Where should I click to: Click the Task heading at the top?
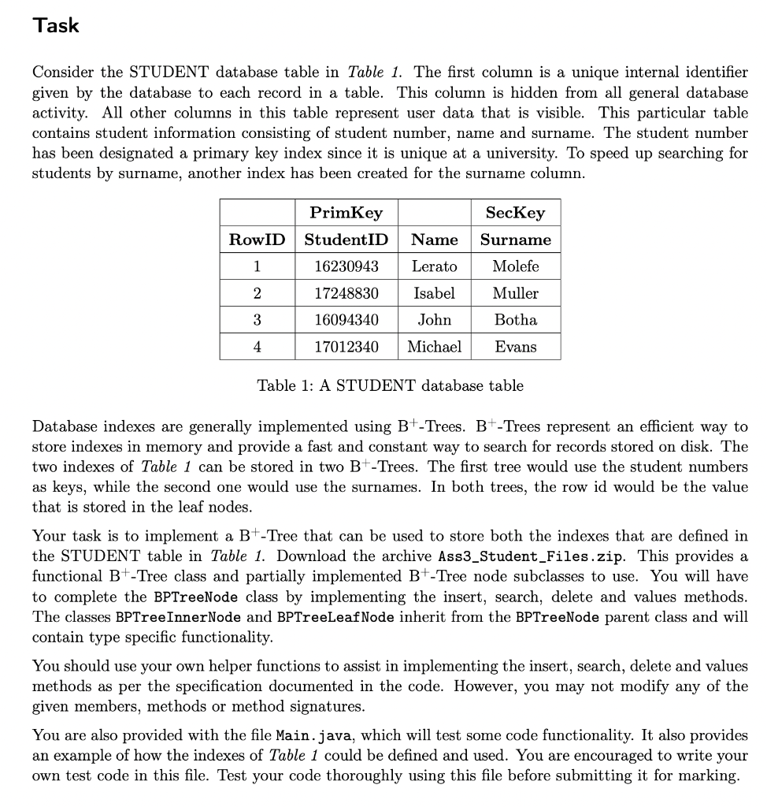pyautogui.click(x=56, y=25)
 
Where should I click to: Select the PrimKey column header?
pyautogui.click(x=346, y=213)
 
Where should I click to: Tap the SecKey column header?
pyautogui.click(x=516, y=213)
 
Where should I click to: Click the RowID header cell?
pyautogui.click(x=257, y=240)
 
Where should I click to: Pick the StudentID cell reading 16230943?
pyautogui.click(x=346, y=266)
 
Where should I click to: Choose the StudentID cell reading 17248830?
pyautogui.click(x=346, y=293)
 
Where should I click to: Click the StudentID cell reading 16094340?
pyautogui.click(x=346, y=320)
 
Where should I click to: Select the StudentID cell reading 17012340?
pyautogui.click(x=346, y=347)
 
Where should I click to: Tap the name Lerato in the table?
pyautogui.click(x=435, y=266)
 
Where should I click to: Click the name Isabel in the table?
pyautogui.click(x=435, y=293)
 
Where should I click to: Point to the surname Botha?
pyautogui.click(x=516, y=320)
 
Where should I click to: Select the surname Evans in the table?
pyautogui.click(x=516, y=347)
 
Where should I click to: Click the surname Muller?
pyautogui.click(x=516, y=293)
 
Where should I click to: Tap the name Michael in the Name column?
pyautogui.click(x=435, y=347)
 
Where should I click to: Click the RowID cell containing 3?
pyautogui.click(x=257, y=320)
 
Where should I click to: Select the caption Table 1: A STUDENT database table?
pyautogui.click(x=390, y=385)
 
